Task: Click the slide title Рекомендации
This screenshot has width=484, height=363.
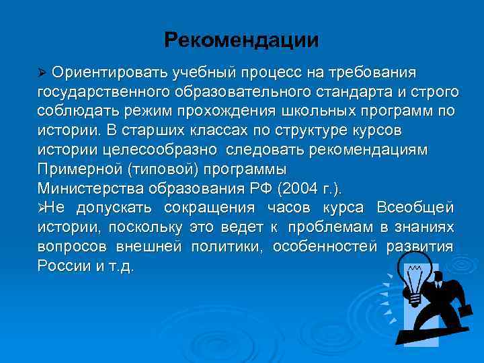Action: coord(241,40)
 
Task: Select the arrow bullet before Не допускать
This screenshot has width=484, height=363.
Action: coord(42,207)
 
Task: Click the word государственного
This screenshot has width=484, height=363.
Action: coord(101,91)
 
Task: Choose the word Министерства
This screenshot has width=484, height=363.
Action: coord(86,187)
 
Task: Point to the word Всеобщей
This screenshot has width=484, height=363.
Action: coord(415,206)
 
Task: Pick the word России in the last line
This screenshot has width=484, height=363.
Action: coord(65,266)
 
